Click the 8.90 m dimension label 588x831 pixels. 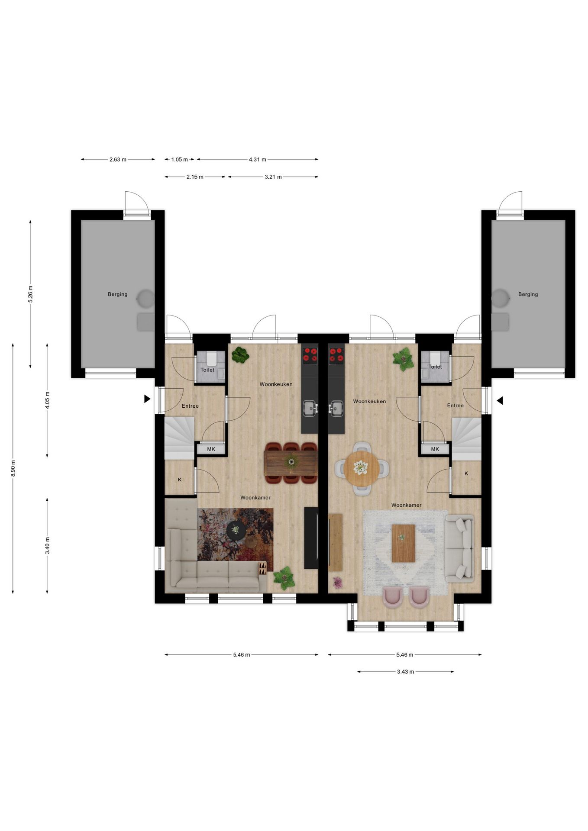(13, 468)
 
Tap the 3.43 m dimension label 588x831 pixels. (405, 672)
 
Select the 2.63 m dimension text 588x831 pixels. (118, 159)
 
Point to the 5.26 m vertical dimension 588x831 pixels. (30, 294)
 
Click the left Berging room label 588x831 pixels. (117, 294)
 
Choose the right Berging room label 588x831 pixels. (528, 294)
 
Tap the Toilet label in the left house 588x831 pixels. (207, 370)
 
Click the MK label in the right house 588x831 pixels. (435, 449)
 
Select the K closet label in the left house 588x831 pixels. (180, 480)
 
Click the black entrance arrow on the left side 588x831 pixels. (147, 399)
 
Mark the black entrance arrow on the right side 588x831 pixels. (500, 401)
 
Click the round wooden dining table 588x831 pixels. (362, 468)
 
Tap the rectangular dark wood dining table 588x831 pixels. (291, 462)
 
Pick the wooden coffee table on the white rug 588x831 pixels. (403, 543)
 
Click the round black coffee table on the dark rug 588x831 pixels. (236, 529)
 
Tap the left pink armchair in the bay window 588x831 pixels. (393, 597)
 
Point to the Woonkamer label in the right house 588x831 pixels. (406, 505)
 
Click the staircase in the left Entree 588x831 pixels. (179, 437)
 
